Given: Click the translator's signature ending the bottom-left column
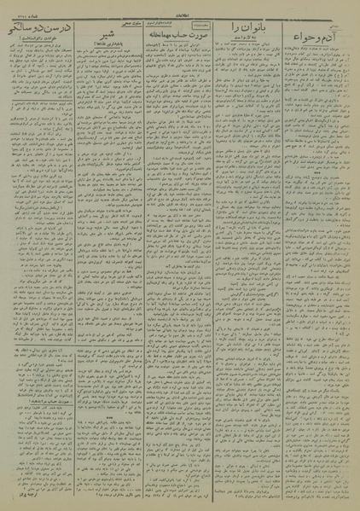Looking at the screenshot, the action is (22, 493).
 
